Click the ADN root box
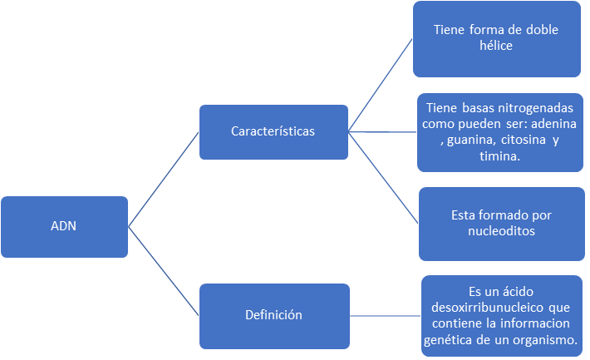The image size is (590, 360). tap(64, 227)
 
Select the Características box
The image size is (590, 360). tap(273, 131)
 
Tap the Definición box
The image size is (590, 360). tap(273, 315)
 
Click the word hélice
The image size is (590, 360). tap(495, 47)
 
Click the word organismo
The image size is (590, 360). tap(549, 341)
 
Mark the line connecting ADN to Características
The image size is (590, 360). tap(164, 179)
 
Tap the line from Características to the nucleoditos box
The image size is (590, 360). tap(382, 178)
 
